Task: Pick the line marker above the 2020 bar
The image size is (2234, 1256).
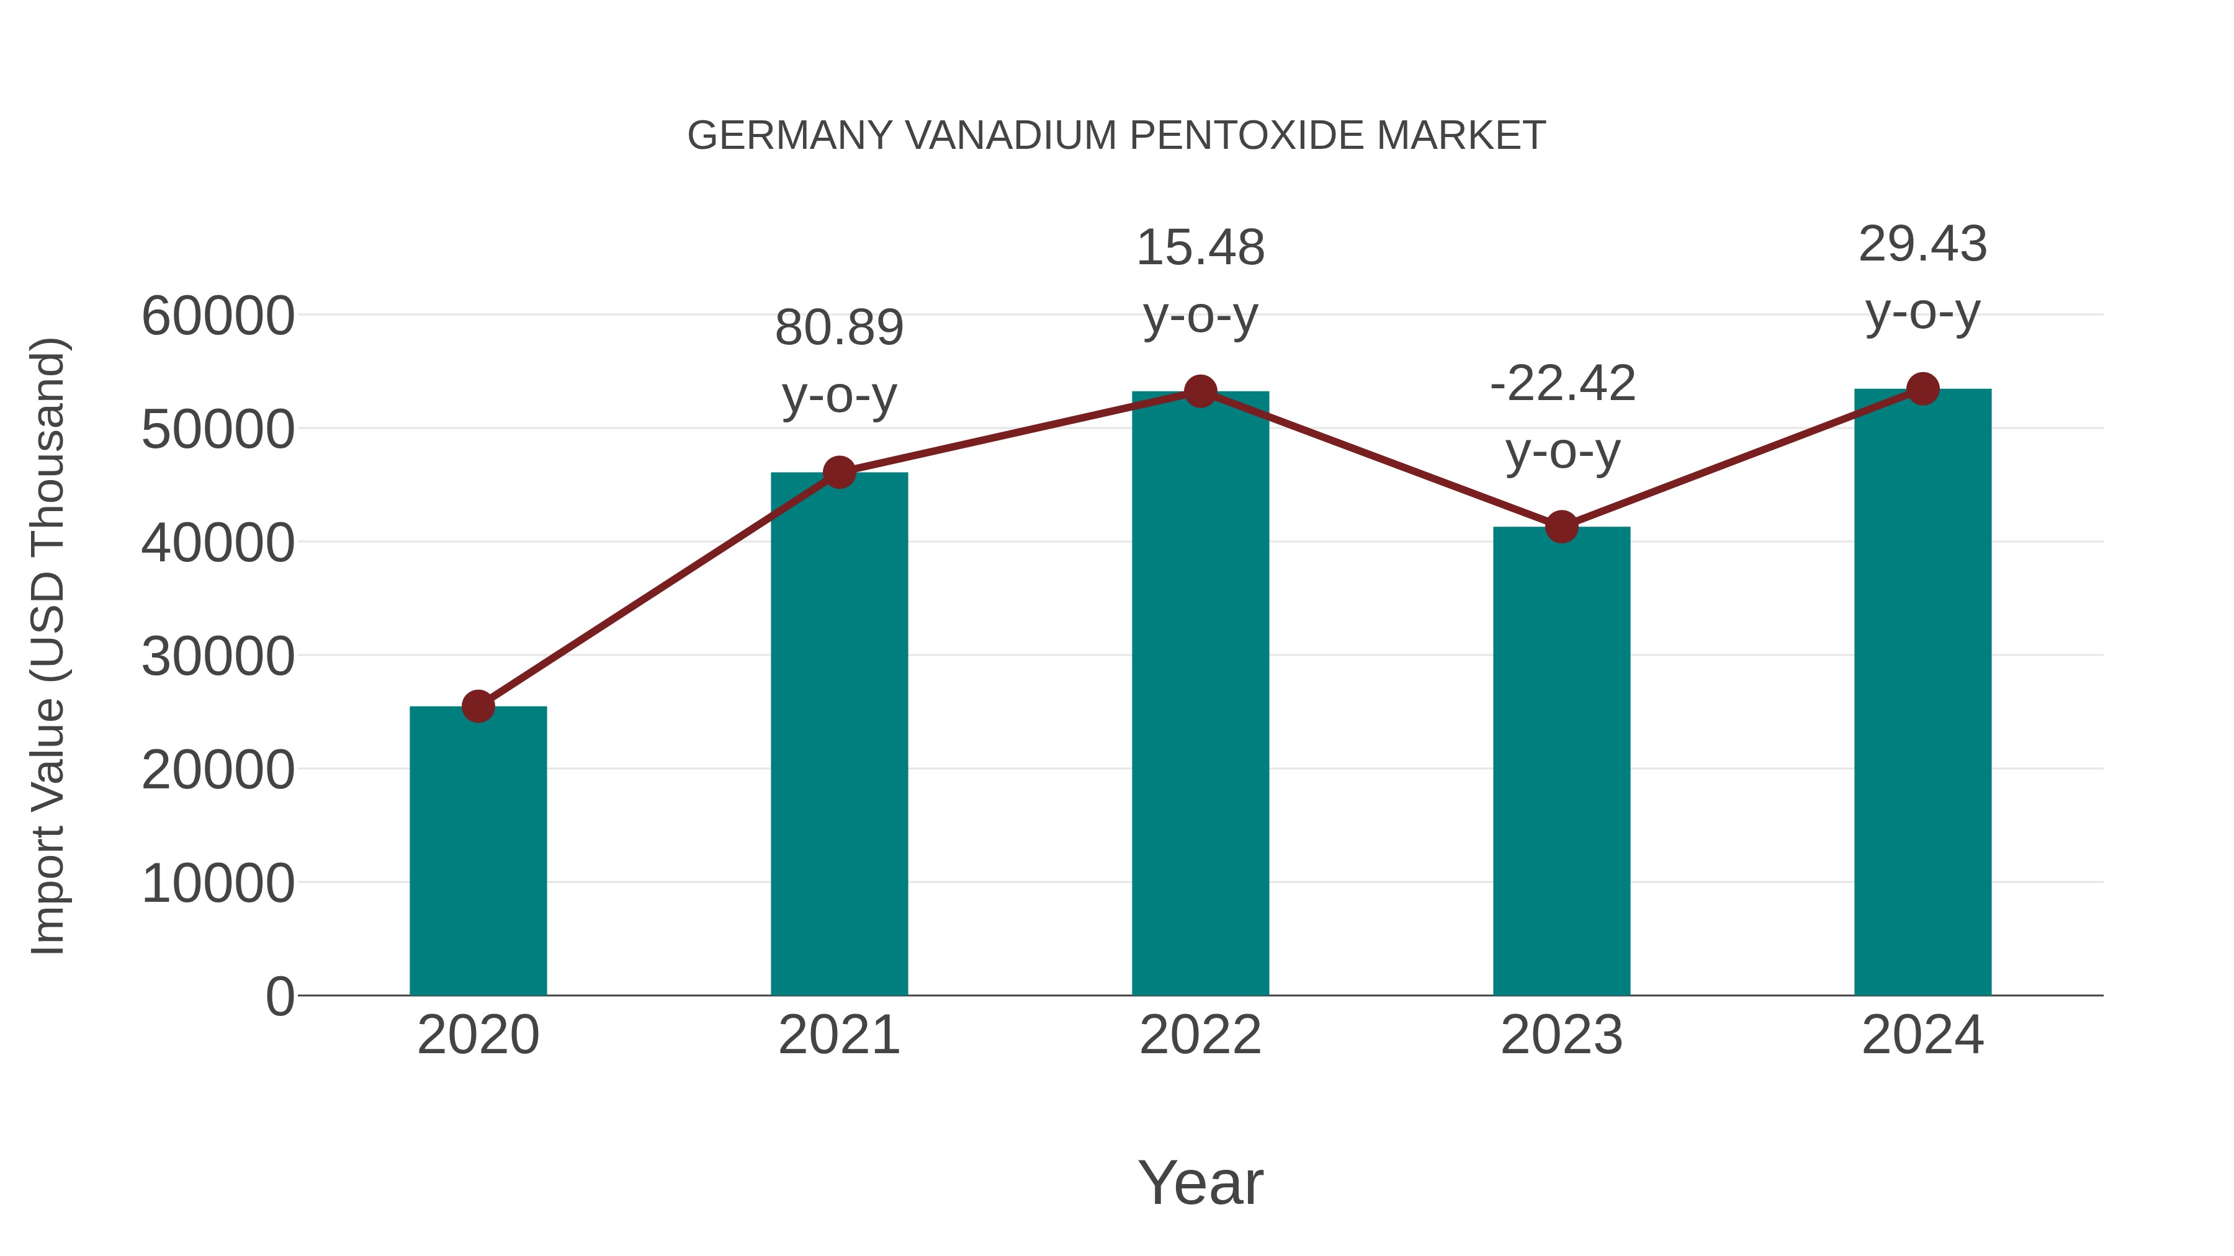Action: (478, 706)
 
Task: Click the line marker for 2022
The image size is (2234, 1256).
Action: (1200, 392)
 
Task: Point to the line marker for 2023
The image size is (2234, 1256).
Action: (1561, 526)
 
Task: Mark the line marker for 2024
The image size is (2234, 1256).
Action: (1922, 389)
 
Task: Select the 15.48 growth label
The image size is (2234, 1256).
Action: (1200, 248)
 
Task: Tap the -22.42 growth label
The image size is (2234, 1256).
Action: (1562, 384)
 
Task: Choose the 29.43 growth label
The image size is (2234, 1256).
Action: (1922, 244)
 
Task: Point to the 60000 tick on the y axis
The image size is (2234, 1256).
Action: (218, 316)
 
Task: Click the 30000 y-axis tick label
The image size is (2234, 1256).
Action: (218, 656)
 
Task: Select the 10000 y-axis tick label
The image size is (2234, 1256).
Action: (218, 883)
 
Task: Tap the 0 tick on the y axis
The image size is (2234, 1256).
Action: (280, 996)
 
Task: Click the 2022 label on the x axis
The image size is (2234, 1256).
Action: (1200, 1035)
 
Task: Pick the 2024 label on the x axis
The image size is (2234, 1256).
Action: (1922, 1035)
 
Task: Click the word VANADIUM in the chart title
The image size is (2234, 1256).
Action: (1010, 136)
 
